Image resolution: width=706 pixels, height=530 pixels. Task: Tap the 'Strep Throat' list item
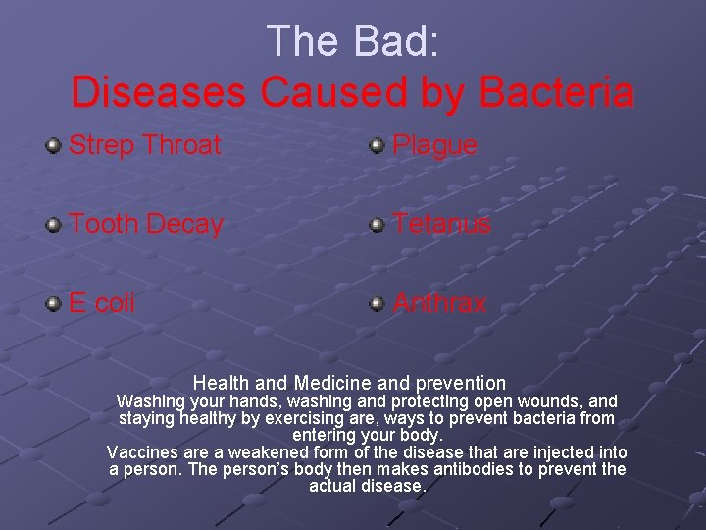click(145, 146)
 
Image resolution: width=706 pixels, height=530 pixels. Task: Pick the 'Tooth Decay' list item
click(146, 224)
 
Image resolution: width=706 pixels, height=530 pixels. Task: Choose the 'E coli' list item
click(102, 303)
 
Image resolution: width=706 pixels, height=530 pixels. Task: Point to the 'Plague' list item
click(434, 146)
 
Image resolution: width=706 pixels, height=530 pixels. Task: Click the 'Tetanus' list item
click(441, 224)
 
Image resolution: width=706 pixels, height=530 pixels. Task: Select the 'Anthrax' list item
click(439, 303)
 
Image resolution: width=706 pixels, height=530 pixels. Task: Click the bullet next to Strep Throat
click(54, 147)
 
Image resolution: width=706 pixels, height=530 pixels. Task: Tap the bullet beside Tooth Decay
click(54, 225)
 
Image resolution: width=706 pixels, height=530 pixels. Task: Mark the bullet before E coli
click(54, 304)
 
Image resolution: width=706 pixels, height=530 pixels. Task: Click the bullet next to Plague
click(377, 147)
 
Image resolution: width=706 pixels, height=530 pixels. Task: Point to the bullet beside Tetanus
click(377, 225)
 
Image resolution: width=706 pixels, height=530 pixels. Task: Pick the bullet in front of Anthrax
click(377, 304)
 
